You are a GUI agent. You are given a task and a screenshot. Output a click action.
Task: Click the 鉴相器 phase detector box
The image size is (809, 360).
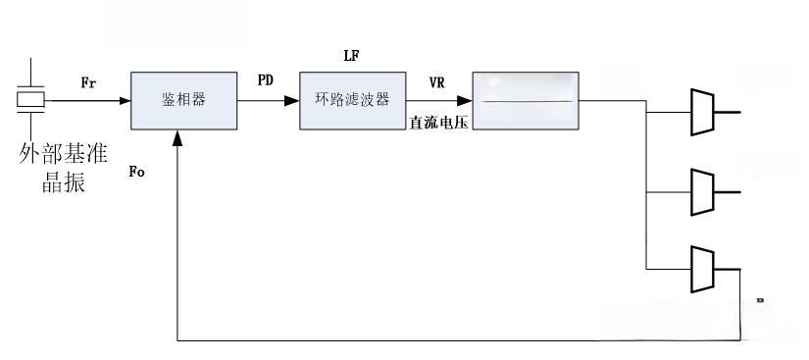click(x=183, y=100)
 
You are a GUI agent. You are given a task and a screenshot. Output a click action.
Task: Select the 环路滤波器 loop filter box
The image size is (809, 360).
click(x=351, y=100)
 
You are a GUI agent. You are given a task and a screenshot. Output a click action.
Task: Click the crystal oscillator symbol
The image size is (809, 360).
click(x=30, y=99)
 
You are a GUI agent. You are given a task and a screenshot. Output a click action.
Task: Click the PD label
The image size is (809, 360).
click(x=265, y=80)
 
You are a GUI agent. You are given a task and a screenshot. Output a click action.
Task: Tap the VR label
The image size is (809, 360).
click(x=436, y=81)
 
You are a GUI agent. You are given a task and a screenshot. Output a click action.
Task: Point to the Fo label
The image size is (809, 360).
click(x=137, y=172)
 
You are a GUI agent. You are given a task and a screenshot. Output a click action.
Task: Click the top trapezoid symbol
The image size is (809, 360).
click(x=703, y=111)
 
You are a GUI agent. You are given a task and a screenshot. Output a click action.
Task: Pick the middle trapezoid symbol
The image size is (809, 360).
click(x=703, y=190)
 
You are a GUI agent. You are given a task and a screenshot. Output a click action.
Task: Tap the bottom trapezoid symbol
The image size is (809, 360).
click(x=703, y=269)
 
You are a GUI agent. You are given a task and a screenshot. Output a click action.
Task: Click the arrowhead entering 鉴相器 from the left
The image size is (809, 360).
click(x=125, y=100)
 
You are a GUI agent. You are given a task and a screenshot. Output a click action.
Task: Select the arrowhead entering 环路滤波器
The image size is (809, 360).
click(x=292, y=100)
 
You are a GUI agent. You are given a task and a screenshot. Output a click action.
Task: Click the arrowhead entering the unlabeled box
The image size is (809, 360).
click(x=464, y=100)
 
